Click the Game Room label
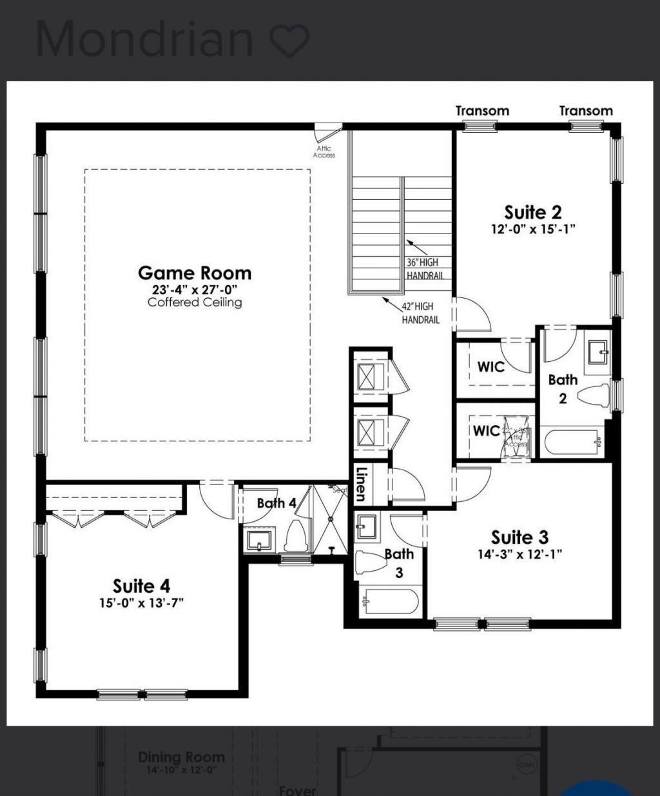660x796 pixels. pyautogui.click(x=195, y=273)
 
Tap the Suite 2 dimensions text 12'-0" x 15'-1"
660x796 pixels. pyautogui.click(x=532, y=229)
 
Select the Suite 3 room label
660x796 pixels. pyautogui.click(x=519, y=537)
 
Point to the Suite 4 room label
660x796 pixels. pyautogui.click(x=142, y=586)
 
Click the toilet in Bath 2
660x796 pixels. pyautogui.click(x=594, y=395)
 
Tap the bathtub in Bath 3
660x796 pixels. pyautogui.click(x=389, y=602)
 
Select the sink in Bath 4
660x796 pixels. pyautogui.click(x=259, y=540)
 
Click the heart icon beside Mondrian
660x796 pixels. pyautogui.click(x=289, y=40)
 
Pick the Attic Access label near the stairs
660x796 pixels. pyautogui.click(x=324, y=152)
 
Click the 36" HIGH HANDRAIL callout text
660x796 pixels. pyautogui.click(x=423, y=269)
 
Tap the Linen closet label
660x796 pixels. pyautogui.click(x=361, y=484)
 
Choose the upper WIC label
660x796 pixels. pyautogui.click(x=490, y=366)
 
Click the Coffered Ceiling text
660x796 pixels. pyautogui.click(x=195, y=302)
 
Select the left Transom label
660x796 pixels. pyautogui.click(x=482, y=111)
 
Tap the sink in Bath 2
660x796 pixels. pyautogui.click(x=598, y=352)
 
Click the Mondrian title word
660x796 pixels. pyautogui.click(x=145, y=39)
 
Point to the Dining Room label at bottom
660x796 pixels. pyautogui.click(x=181, y=757)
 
